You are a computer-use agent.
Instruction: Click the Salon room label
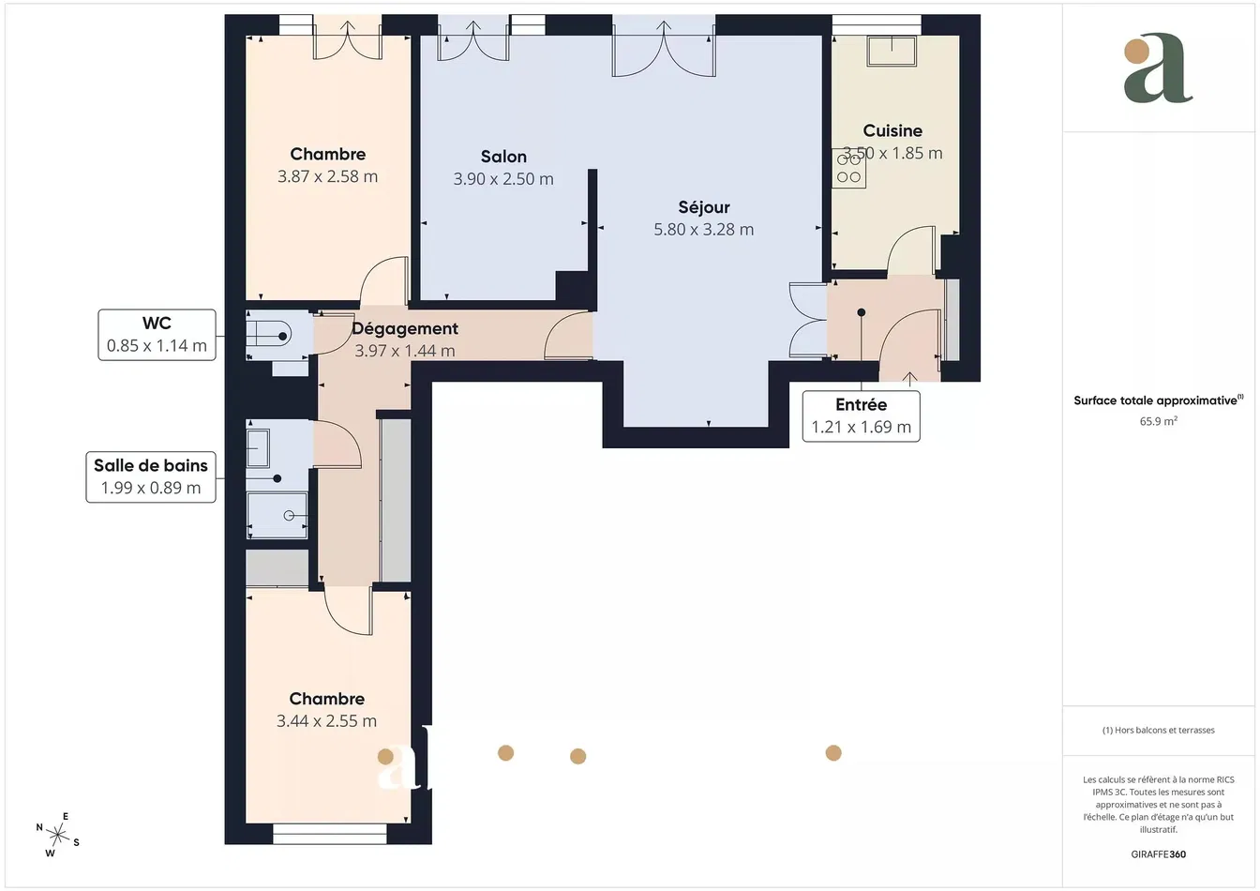(x=503, y=157)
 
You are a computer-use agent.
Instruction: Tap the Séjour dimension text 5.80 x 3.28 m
(x=703, y=230)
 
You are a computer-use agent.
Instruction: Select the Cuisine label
(x=892, y=131)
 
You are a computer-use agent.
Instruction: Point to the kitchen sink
(x=891, y=51)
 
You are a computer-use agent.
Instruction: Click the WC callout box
(x=157, y=335)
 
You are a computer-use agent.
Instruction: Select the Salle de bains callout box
(x=151, y=477)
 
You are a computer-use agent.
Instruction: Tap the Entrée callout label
(x=861, y=416)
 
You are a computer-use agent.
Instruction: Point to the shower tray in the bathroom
(x=277, y=515)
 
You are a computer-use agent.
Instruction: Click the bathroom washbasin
(x=259, y=446)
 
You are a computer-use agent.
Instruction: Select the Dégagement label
(x=405, y=329)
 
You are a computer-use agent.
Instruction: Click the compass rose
(x=58, y=834)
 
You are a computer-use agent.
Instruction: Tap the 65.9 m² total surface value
(x=1158, y=422)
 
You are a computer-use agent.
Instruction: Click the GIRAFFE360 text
(x=1158, y=854)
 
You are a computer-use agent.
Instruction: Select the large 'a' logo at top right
(x=1158, y=70)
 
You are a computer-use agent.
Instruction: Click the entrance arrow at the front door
(x=909, y=377)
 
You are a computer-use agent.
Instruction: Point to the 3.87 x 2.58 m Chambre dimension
(x=328, y=177)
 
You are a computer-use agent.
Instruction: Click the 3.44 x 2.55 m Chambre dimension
(x=326, y=721)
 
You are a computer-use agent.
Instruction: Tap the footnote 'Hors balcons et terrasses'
(x=1159, y=731)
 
